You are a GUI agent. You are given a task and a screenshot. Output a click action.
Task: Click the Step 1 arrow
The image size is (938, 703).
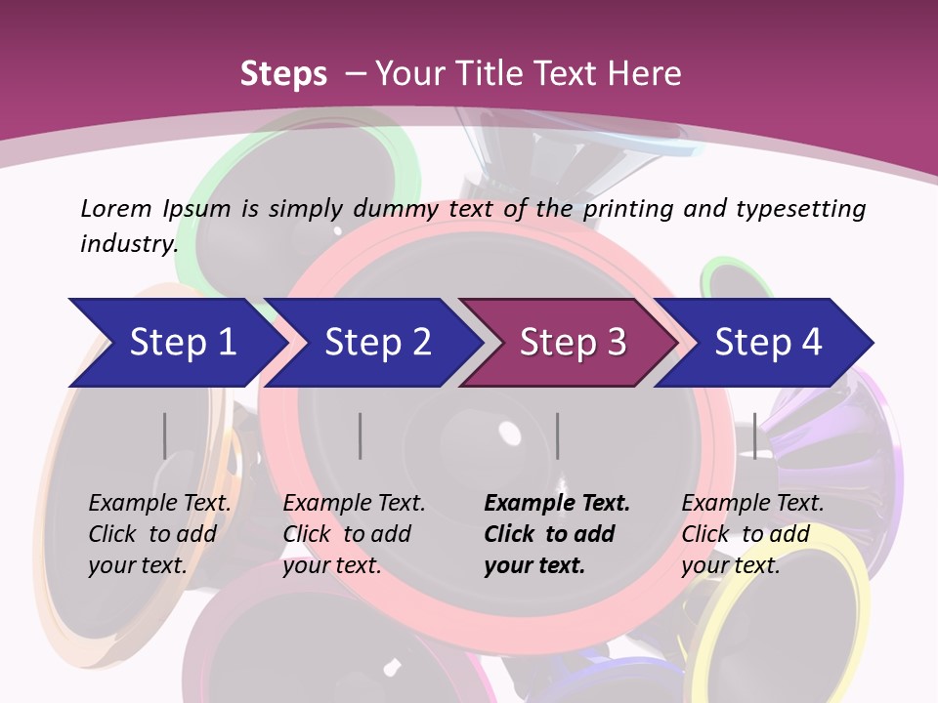(x=176, y=343)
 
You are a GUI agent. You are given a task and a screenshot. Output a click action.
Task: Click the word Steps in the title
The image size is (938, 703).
(x=283, y=73)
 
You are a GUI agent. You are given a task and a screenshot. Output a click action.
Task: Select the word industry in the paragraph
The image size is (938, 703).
(x=127, y=244)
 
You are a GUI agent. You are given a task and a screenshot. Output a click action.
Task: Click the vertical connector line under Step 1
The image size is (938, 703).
(x=164, y=435)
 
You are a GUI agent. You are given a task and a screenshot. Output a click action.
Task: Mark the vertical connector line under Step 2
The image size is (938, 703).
(x=360, y=435)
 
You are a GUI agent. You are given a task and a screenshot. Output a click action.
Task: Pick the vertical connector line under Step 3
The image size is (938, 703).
(x=557, y=435)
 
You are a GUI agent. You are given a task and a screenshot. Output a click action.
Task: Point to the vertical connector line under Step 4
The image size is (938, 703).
(x=754, y=435)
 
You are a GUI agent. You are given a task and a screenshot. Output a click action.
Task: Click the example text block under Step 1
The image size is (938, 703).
(x=159, y=534)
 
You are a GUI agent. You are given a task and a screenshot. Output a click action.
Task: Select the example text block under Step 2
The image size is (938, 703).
(x=354, y=534)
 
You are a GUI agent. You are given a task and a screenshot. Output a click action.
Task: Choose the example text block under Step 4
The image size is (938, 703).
(x=752, y=534)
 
